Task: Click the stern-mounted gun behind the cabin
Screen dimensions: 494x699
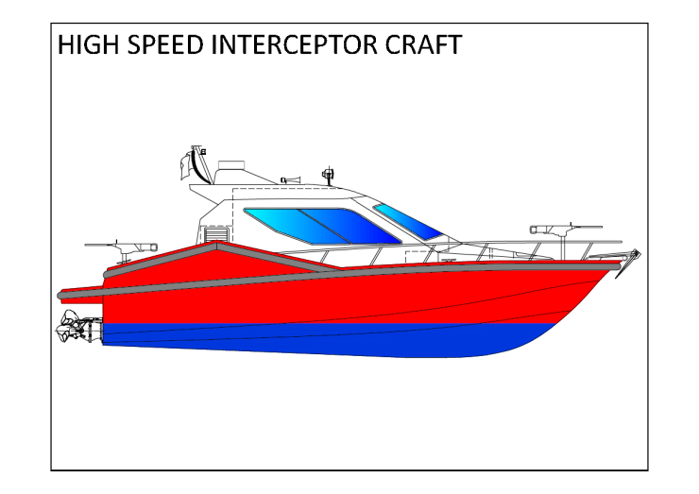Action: [x=118, y=247]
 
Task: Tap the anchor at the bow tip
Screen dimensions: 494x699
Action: [x=634, y=256]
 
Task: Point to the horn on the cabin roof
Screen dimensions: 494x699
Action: [x=290, y=179]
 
